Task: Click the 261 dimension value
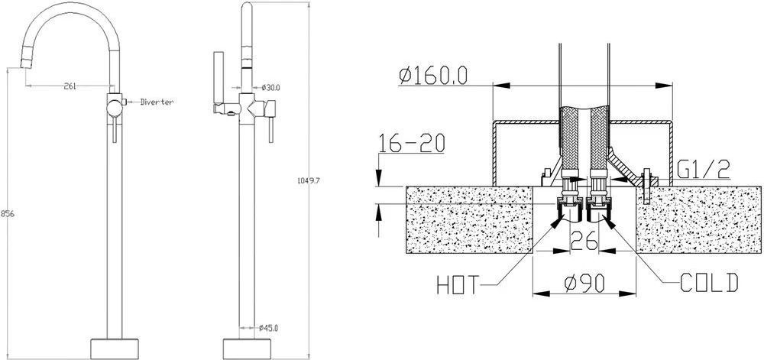(70, 86)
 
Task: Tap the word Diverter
(157, 102)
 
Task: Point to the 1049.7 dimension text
(308, 180)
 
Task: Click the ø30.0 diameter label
(270, 88)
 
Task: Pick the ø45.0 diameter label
(268, 328)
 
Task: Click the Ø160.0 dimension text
(433, 76)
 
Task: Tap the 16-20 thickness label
(412, 144)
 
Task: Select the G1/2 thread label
(703, 169)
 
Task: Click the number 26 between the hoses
(584, 241)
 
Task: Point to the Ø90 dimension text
(584, 283)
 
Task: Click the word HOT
(458, 285)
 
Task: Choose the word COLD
(709, 283)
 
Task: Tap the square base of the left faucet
(115, 349)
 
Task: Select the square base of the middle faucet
(247, 349)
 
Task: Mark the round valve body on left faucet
(115, 106)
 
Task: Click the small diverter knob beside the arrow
(125, 102)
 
